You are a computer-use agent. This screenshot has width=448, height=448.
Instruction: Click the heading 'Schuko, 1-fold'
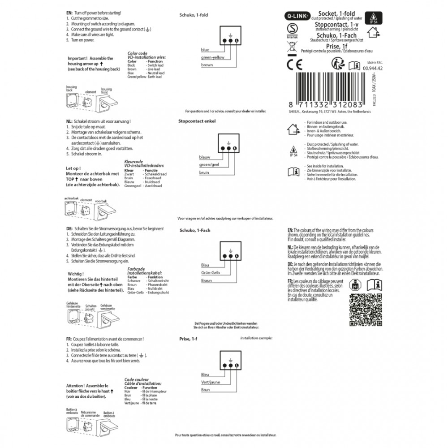click(193, 15)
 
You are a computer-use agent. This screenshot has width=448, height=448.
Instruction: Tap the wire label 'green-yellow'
click(213, 58)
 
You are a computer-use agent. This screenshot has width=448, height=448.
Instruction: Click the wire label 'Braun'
click(207, 280)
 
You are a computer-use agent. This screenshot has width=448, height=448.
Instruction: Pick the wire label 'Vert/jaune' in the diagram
click(211, 382)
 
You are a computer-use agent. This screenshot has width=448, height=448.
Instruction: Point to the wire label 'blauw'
click(205, 157)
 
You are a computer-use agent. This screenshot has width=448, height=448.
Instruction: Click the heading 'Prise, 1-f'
click(188, 340)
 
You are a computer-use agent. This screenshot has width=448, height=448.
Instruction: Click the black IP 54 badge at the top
click(373, 17)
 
